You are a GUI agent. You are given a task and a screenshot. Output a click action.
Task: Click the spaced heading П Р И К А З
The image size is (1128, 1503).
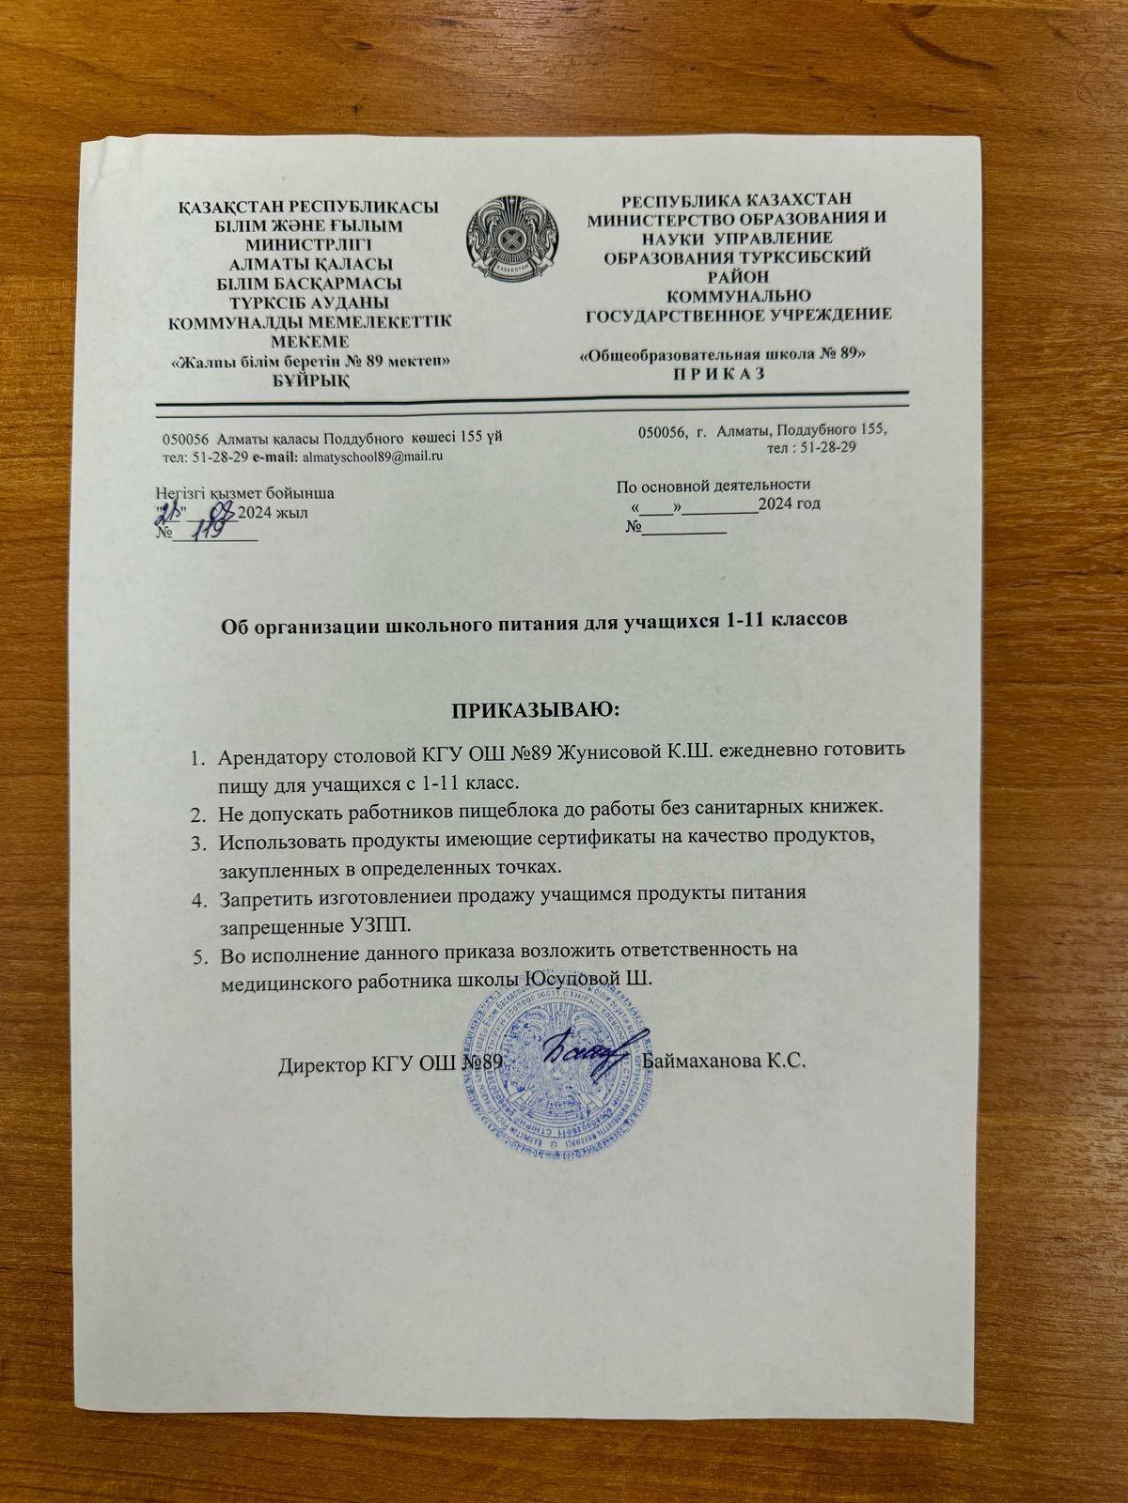pos(722,372)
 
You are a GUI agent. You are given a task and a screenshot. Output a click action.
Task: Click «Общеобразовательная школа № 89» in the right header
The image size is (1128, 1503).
pos(722,354)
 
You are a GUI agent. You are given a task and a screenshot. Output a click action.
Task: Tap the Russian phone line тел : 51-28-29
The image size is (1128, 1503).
pos(810,448)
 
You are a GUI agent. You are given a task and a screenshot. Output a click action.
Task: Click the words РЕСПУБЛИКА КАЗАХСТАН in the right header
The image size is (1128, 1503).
pos(736,198)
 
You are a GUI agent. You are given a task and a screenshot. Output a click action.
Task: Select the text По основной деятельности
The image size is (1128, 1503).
pos(713,486)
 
